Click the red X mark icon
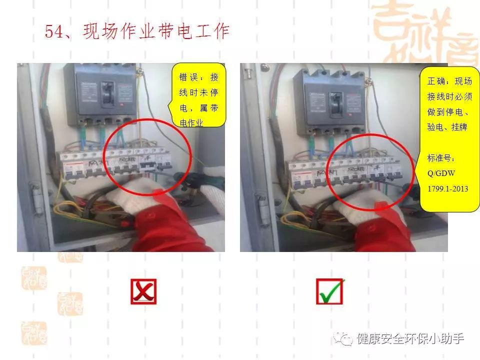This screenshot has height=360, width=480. pos(143,291)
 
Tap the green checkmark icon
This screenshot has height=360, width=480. pos(330,291)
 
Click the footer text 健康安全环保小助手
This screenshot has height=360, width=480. pos(410,339)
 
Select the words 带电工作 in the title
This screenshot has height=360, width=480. pos(201,32)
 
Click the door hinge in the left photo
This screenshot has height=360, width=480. pos(34,193)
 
